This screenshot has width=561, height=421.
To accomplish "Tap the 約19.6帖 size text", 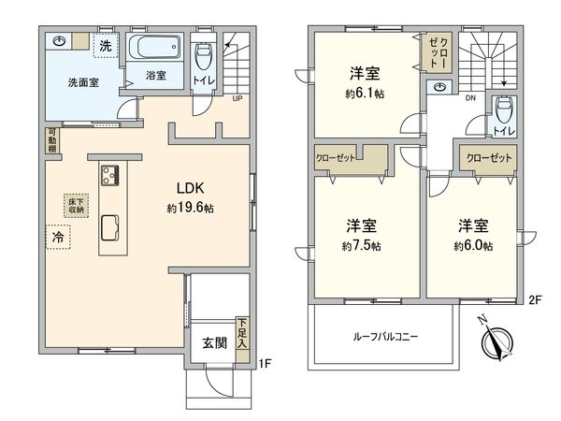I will point(191,208).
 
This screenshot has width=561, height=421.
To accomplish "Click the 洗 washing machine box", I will point(106,46).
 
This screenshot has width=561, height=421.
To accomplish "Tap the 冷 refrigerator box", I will point(57,238).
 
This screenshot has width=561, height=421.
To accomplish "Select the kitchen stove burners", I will point(108,174).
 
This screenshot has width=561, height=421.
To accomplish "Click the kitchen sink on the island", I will point(108,227).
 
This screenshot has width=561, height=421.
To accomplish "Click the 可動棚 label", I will point(52,141).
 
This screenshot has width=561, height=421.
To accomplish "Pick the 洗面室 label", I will point(83,81).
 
